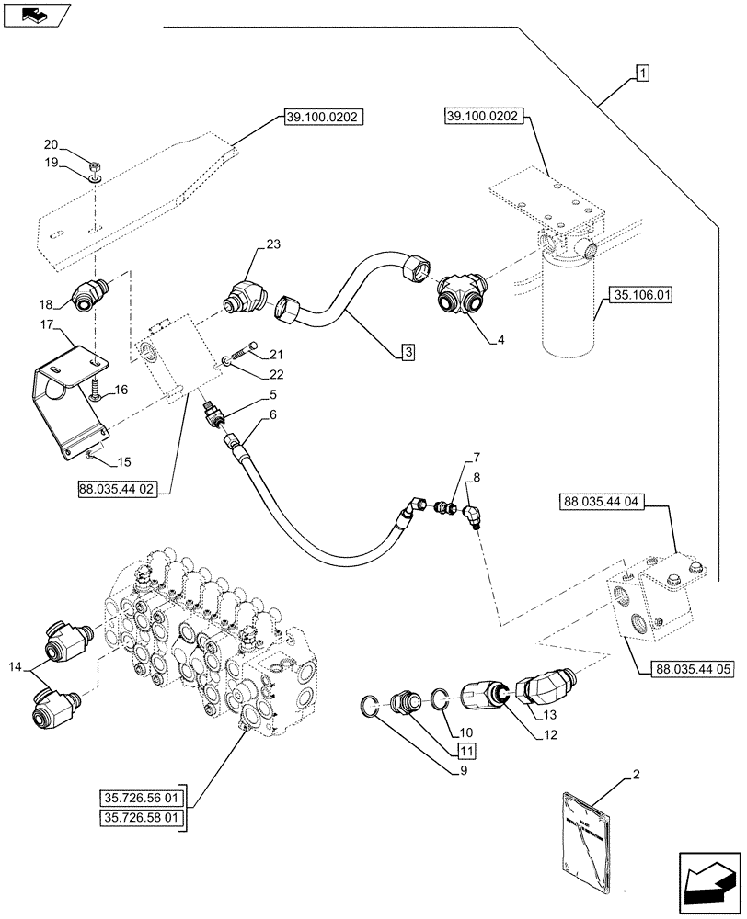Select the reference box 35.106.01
coord(638,296)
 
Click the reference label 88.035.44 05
coord(695,669)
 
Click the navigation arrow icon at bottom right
coord(708,877)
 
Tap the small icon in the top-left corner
coord(35,14)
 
